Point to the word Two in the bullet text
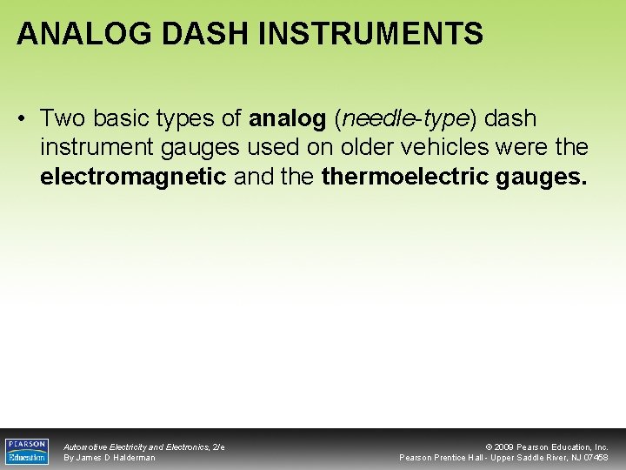tap(62, 117)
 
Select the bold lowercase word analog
tap(288, 117)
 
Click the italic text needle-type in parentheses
tap(406, 117)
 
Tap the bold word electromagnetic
tap(133, 178)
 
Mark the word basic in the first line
tap(117, 117)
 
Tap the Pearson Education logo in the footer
tap(27, 451)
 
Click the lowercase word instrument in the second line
tap(95, 148)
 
